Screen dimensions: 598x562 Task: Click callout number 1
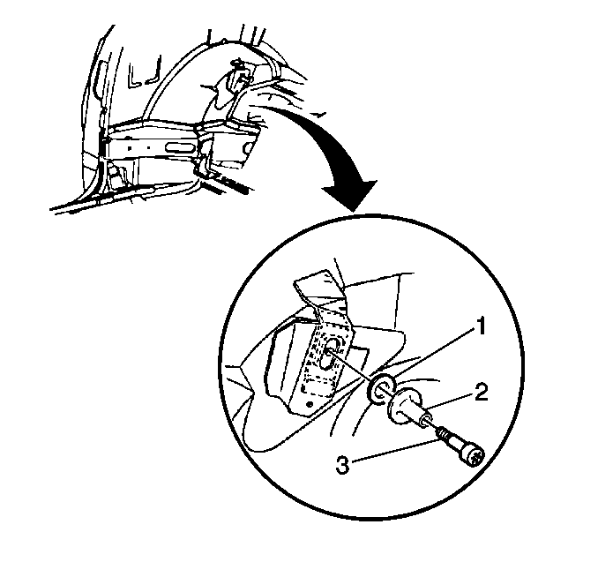click(x=482, y=326)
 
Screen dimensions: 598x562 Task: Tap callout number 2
click(x=481, y=393)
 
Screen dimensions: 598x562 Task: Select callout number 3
click(x=342, y=465)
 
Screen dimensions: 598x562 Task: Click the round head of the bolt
click(x=475, y=456)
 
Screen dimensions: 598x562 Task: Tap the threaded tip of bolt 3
click(x=443, y=434)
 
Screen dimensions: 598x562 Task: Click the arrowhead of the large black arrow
click(x=351, y=195)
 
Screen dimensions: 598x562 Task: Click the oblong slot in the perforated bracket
click(x=329, y=353)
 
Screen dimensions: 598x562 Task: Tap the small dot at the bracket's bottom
click(x=310, y=404)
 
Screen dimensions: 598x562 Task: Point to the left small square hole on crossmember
click(x=130, y=147)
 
